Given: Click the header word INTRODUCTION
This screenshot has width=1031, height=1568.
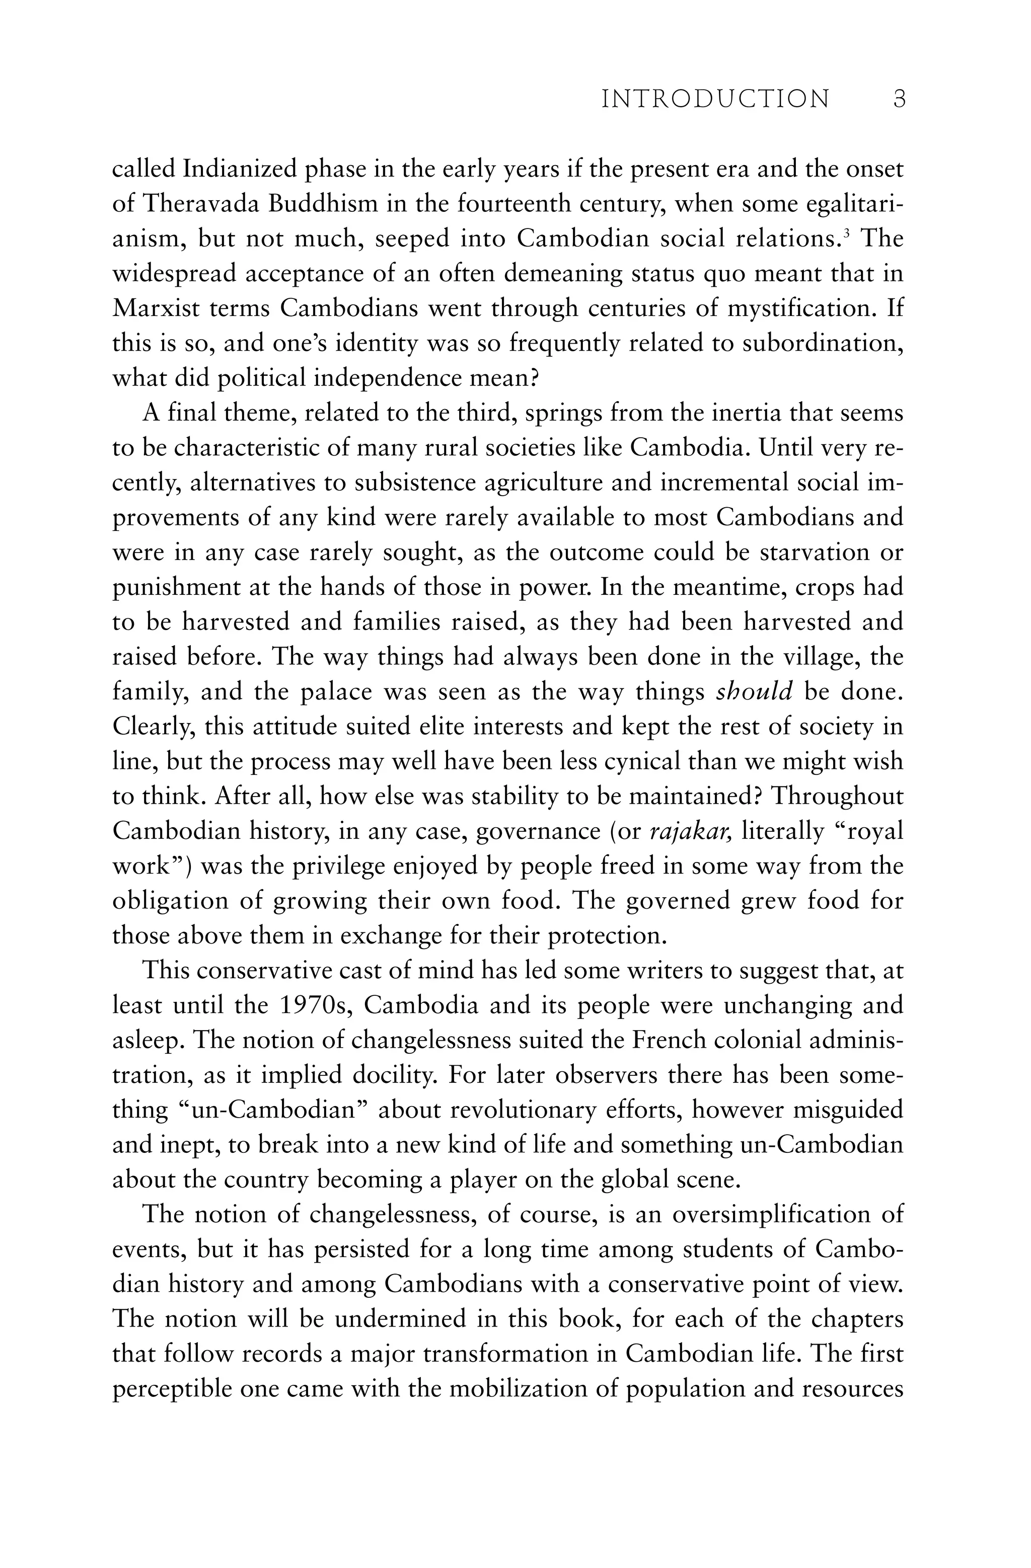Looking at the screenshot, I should coord(715,100).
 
